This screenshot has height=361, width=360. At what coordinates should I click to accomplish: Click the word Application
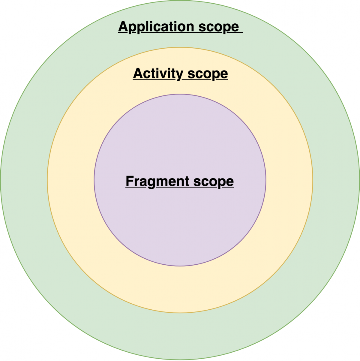(x=156, y=27)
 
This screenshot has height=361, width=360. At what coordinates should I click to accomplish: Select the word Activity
(x=158, y=74)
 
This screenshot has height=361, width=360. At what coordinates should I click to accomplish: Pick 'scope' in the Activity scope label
(x=208, y=74)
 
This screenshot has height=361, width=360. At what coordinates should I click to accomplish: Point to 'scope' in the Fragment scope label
(x=214, y=182)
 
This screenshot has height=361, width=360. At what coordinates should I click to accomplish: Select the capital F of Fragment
(x=130, y=181)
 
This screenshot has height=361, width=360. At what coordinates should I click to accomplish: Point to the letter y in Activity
(x=180, y=75)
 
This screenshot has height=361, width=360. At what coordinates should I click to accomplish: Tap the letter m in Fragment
(x=162, y=182)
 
